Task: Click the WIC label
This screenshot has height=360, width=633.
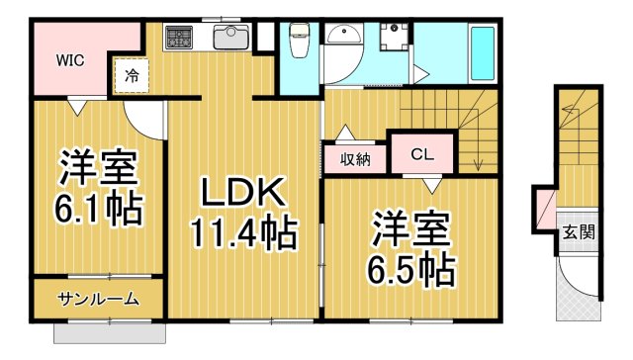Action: click(70, 60)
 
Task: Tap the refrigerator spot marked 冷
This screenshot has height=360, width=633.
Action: click(132, 75)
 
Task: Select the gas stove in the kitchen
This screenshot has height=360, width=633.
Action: click(179, 38)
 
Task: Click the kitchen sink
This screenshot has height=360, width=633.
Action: click(230, 37)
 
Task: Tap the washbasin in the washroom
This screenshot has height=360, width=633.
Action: click(344, 33)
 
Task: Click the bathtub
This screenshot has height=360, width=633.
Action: click(483, 53)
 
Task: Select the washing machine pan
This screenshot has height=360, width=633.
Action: click(394, 37)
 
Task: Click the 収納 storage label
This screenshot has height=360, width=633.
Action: click(355, 160)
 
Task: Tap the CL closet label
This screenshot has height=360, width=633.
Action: click(422, 153)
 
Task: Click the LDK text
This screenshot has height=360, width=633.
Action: click(242, 193)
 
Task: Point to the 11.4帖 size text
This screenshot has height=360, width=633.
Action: click(244, 232)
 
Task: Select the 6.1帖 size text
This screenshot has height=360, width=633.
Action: click(99, 209)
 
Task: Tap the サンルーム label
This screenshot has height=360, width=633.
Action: click(99, 299)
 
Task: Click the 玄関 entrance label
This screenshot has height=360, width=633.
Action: click(579, 232)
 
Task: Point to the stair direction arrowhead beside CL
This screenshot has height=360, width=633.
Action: click(479, 164)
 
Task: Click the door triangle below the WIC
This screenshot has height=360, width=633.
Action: click(77, 106)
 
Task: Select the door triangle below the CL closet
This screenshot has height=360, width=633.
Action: click(432, 186)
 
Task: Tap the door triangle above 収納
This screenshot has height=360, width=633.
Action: click(345, 132)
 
